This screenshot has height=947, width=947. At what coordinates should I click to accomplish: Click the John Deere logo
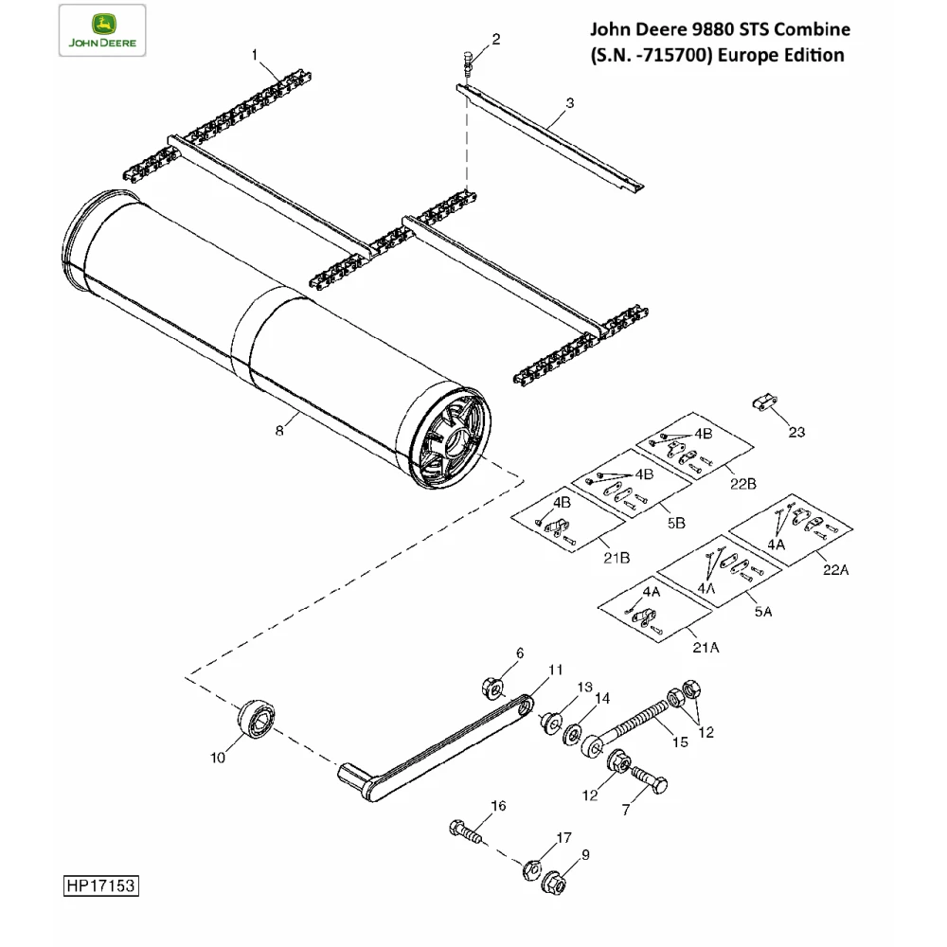(x=101, y=30)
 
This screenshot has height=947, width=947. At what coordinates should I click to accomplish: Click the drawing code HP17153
(x=101, y=886)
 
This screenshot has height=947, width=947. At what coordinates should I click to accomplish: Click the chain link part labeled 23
(x=764, y=404)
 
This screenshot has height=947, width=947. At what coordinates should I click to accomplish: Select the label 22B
(x=744, y=484)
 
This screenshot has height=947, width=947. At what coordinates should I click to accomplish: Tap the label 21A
(x=706, y=648)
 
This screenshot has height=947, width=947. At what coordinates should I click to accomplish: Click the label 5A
(x=763, y=612)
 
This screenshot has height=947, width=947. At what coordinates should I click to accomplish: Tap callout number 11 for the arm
(x=556, y=670)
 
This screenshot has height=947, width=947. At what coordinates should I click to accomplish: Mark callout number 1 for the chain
(x=255, y=56)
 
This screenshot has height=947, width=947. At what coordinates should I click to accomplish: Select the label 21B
(x=616, y=557)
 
